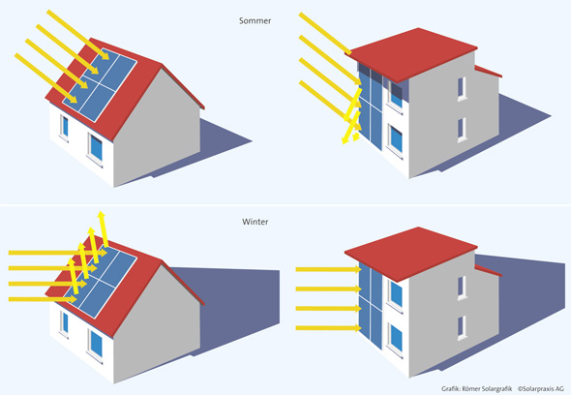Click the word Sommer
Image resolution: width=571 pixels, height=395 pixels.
[255, 20]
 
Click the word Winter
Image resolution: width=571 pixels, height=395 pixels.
[255, 222]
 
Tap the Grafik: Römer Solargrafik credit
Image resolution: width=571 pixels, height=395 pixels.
[477, 389]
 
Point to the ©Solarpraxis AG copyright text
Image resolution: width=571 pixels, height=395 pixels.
[541, 389]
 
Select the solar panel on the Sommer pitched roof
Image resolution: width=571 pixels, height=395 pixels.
[100, 84]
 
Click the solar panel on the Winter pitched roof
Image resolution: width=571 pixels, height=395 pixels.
[100, 282]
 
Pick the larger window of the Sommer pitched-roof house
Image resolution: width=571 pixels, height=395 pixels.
[96, 148]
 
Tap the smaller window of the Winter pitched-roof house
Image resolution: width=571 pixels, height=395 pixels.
[65, 323]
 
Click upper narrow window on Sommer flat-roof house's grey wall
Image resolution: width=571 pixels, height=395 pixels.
[462, 88]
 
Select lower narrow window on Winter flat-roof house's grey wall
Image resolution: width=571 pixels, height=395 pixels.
[462, 327]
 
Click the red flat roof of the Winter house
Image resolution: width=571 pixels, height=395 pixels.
[410, 253]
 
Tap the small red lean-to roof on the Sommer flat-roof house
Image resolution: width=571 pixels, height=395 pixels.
[489, 72]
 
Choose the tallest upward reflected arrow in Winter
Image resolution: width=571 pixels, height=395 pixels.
[103, 229]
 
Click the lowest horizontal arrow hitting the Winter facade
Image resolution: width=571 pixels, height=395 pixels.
[328, 328]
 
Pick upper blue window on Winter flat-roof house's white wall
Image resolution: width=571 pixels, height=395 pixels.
[396, 293]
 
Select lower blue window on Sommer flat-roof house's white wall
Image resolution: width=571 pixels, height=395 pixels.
[396, 139]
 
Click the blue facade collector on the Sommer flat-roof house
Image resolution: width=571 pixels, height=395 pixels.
[371, 107]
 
